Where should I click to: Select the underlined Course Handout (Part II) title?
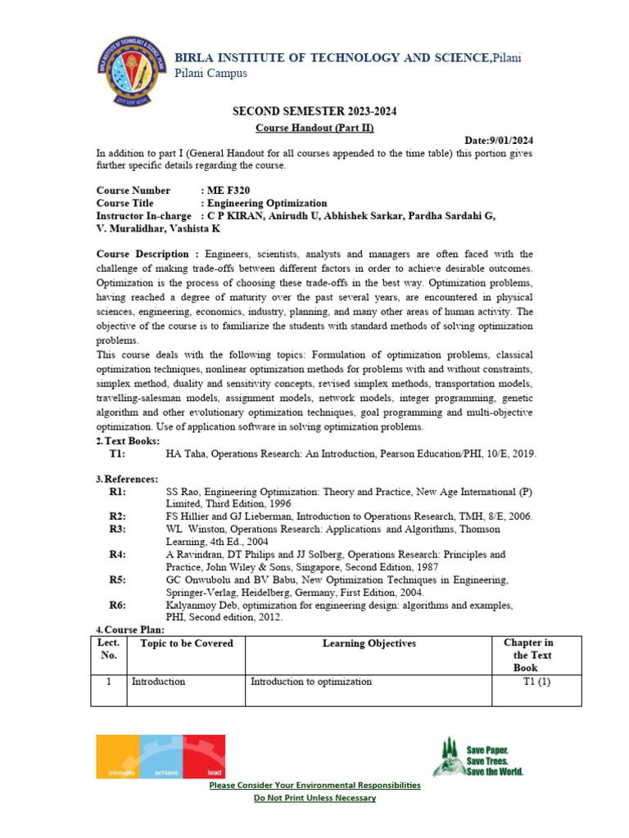(x=314, y=128)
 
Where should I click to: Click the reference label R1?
(x=118, y=492)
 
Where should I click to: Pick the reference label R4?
(x=118, y=554)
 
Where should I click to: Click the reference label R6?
(x=118, y=605)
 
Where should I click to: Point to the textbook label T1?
(x=118, y=453)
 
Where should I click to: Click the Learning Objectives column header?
(x=369, y=643)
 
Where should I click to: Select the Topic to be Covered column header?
(x=187, y=643)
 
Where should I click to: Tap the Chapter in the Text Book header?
(x=532, y=656)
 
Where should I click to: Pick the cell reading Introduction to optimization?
(x=311, y=681)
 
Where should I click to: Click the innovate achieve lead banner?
(x=161, y=755)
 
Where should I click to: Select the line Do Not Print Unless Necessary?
(x=314, y=798)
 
